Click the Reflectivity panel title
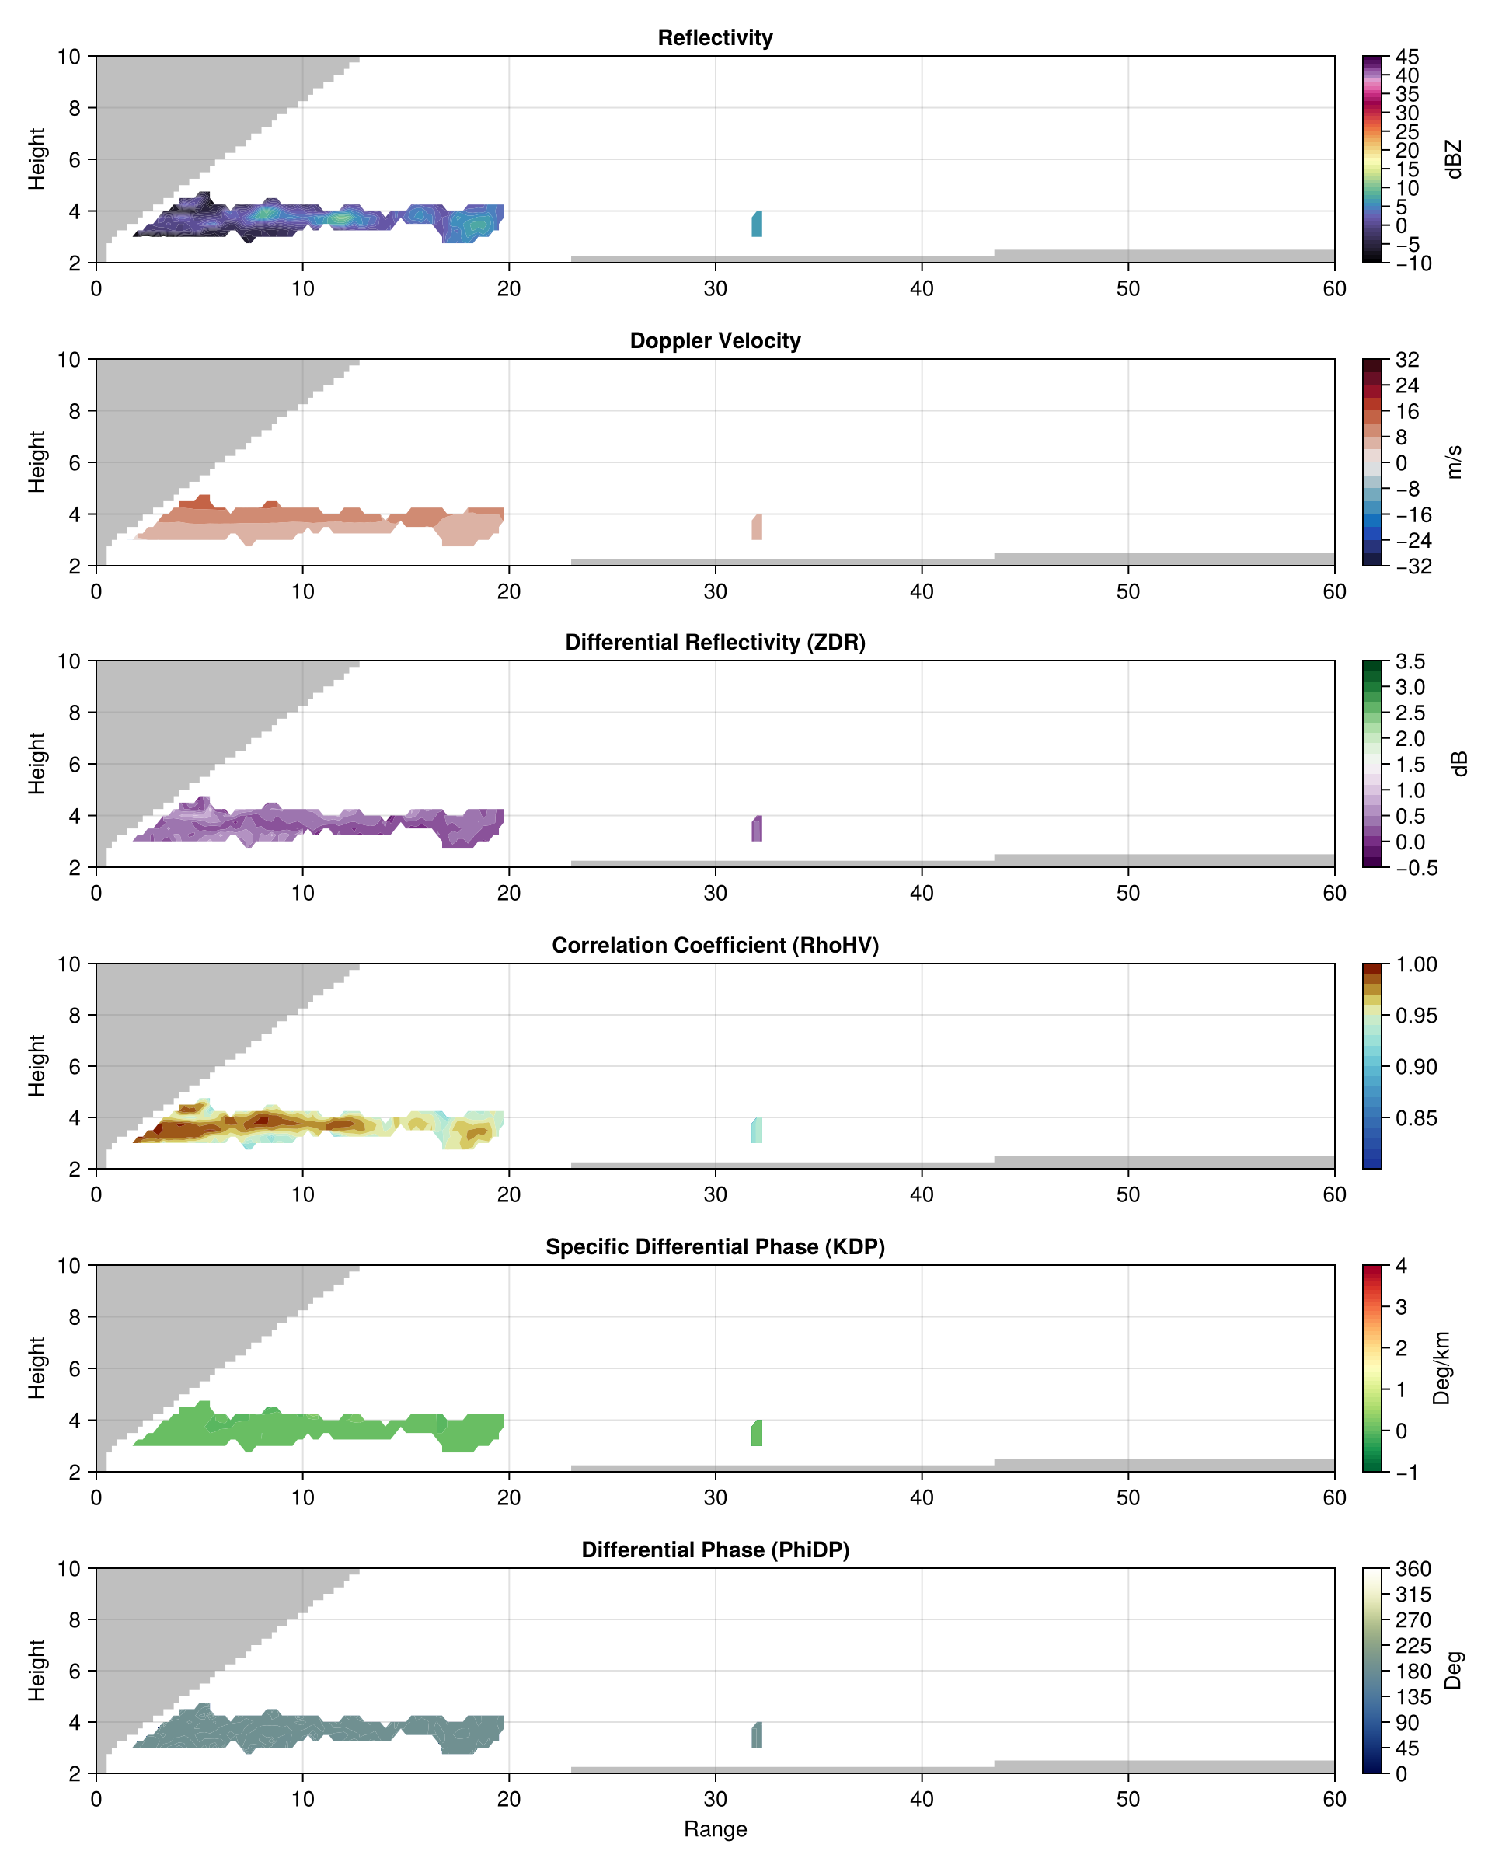tap(715, 38)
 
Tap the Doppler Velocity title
tap(715, 341)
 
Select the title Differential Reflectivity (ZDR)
tap(715, 642)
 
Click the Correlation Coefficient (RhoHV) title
tap(715, 945)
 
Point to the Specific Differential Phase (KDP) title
tap(715, 1246)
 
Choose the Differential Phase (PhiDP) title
tap(715, 1550)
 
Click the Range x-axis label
tap(715, 1828)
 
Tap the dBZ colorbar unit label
tap(1454, 159)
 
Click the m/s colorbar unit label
tap(1454, 462)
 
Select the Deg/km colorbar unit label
tap(1441, 1368)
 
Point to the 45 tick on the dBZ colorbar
tap(1408, 57)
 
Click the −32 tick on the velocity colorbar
tap(1413, 566)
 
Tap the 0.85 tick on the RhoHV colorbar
tap(1417, 1117)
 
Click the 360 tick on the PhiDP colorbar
tap(1413, 1569)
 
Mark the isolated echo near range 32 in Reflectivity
tap(757, 224)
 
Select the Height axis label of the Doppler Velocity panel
tap(37, 462)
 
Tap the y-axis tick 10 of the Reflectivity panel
tap(69, 57)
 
